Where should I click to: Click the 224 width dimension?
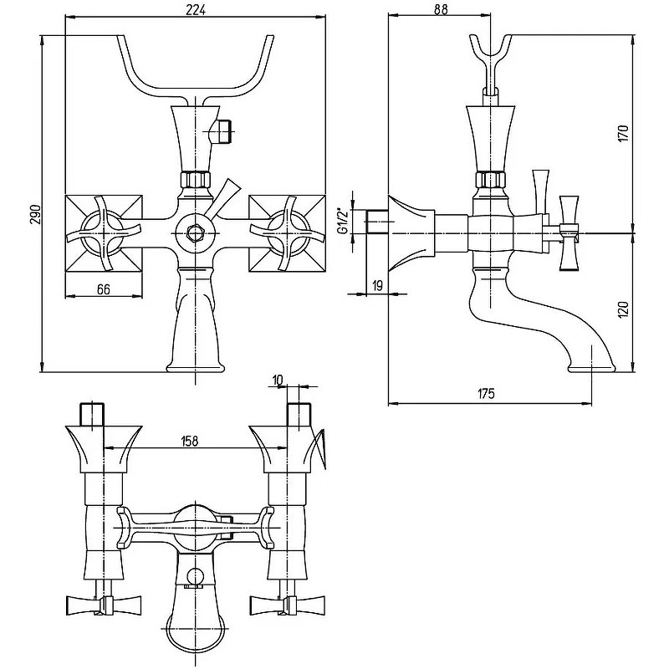196,9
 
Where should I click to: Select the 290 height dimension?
36,215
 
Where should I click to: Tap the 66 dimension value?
104,289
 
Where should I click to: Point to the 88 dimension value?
442,9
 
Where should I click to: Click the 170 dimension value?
623,134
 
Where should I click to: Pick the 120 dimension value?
623,309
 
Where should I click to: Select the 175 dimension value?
486,393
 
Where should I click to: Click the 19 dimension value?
378,286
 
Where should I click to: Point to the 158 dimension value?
190,441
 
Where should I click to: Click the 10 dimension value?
278,380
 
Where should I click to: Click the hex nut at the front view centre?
195,233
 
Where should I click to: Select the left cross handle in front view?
103,233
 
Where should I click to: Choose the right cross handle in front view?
287,233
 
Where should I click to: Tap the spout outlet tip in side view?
592,369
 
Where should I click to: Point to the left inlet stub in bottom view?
93,414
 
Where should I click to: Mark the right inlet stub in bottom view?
299,414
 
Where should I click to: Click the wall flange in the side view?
411,233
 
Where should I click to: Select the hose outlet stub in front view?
222,132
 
